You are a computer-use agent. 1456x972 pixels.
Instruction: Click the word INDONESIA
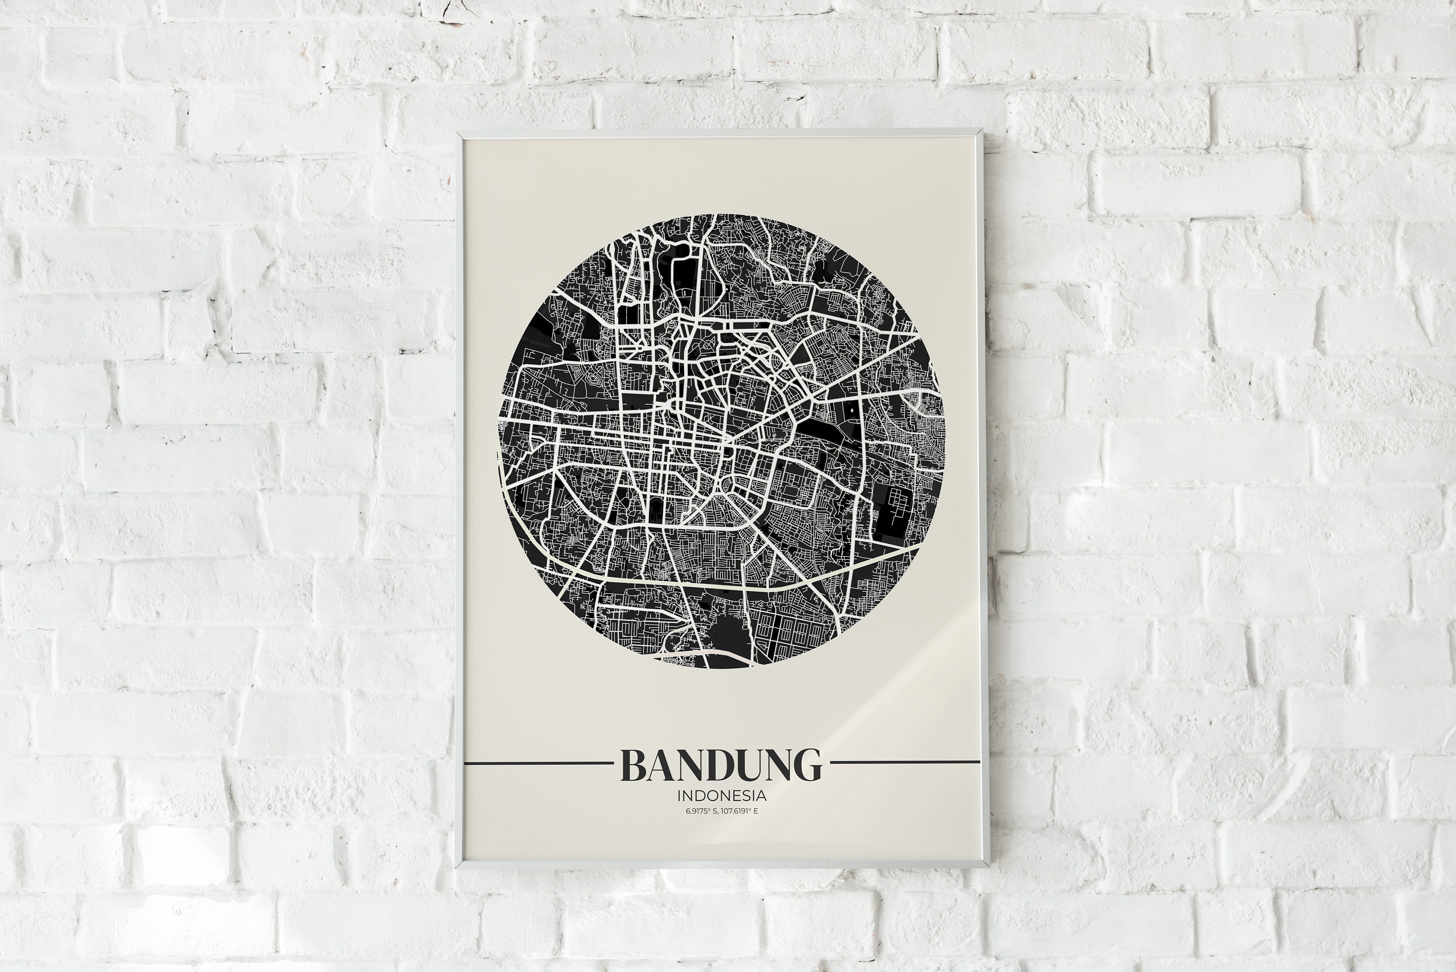click(722, 795)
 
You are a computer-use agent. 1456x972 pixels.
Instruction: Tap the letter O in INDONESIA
click(710, 795)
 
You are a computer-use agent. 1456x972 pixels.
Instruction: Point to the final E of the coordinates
click(756, 811)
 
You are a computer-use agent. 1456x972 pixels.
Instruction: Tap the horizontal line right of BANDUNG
click(905, 762)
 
